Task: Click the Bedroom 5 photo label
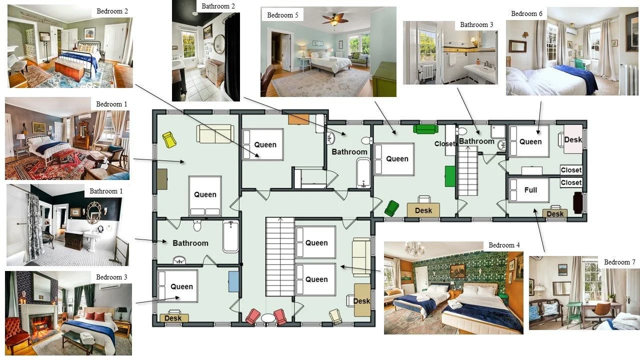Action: click(x=282, y=15)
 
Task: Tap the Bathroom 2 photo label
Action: click(x=218, y=6)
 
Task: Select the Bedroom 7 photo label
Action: click(x=619, y=262)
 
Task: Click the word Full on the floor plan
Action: click(x=530, y=190)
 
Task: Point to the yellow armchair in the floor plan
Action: click(x=169, y=139)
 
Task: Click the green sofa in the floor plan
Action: click(x=425, y=129)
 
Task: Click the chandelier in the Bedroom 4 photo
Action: click(x=414, y=248)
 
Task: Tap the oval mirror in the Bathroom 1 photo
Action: click(x=93, y=212)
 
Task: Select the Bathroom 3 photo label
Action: click(x=476, y=24)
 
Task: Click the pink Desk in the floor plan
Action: click(x=572, y=139)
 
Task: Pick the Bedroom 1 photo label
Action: click(x=111, y=104)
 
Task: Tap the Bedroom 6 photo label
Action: click(x=526, y=13)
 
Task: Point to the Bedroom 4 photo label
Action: click(x=504, y=245)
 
